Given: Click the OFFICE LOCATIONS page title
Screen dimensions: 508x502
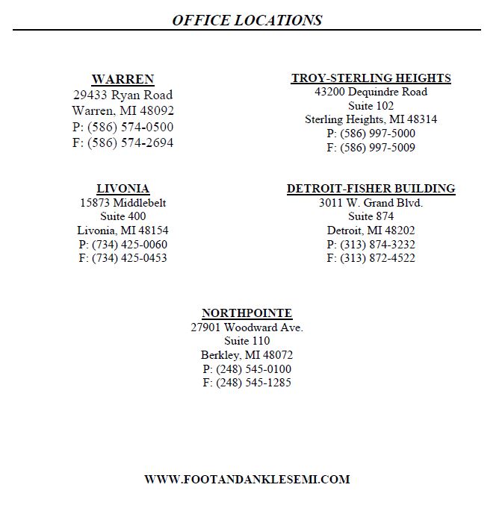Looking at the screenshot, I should (x=247, y=20).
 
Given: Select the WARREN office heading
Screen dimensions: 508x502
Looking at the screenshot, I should (x=123, y=79).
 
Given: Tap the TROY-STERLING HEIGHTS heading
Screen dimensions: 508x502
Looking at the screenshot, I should (x=371, y=78).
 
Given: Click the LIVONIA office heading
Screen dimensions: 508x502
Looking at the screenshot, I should (x=123, y=189).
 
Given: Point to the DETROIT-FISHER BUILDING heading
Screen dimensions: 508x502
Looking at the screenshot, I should (x=371, y=189).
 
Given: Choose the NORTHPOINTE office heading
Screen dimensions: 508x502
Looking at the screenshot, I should (x=247, y=313).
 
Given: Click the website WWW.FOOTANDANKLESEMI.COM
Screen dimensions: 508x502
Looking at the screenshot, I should (x=247, y=480).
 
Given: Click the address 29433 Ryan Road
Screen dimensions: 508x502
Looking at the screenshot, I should (x=123, y=95).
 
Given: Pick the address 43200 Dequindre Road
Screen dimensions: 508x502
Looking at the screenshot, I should (x=371, y=92).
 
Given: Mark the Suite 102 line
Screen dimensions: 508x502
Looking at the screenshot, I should (x=371, y=106).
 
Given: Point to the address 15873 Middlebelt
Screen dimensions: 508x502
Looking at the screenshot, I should (x=123, y=203).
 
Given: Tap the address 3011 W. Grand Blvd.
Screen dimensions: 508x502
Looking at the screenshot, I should (x=371, y=203).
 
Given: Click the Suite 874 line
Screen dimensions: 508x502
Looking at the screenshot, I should (x=371, y=216).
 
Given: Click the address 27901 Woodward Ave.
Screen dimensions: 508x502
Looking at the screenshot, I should (x=247, y=327).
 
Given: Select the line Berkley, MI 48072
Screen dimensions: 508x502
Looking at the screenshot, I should (x=247, y=355).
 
